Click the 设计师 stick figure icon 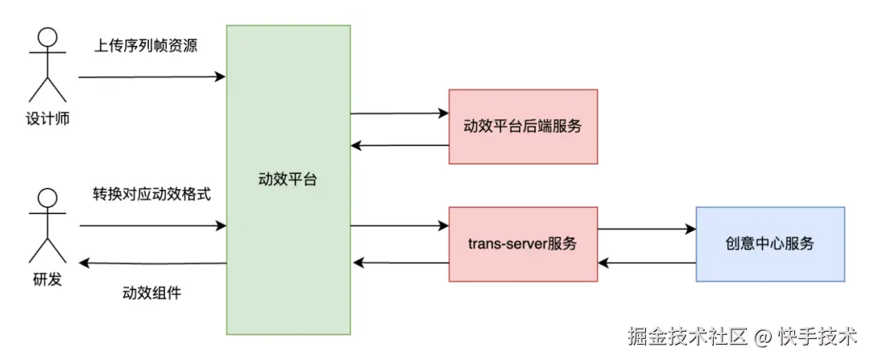pyautogui.click(x=47, y=64)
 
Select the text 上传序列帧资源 pyautogui.click(x=146, y=46)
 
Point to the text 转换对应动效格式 pyautogui.click(x=151, y=195)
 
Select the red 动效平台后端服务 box pyautogui.click(x=523, y=126)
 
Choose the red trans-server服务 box pyautogui.click(x=523, y=244)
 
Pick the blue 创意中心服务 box pyautogui.click(x=770, y=244)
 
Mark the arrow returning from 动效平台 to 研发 pyautogui.click(x=153, y=264)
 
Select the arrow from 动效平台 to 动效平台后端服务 pyautogui.click(x=399, y=113)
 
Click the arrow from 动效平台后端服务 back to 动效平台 pyautogui.click(x=399, y=146)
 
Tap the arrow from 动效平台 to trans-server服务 pyautogui.click(x=399, y=226)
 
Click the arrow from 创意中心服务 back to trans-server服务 pyautogui.click(x=647, y=263)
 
